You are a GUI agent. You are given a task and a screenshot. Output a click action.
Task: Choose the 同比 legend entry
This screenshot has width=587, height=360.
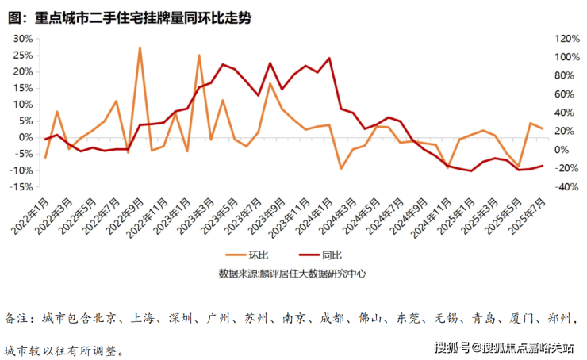pyautogui.click(x=332, y=255)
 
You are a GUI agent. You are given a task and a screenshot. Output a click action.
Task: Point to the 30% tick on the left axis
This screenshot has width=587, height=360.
pyautogui.click(x=22, y=38)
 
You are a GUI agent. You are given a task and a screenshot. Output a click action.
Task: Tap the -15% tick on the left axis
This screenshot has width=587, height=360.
pyautogui.click(x=21, y=187)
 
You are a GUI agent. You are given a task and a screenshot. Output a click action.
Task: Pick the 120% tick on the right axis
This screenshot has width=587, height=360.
pyautogui.click(x=566, y=38)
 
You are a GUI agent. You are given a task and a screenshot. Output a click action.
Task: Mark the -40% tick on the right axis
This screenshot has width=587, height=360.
pyautogui.click(x=566, y=187)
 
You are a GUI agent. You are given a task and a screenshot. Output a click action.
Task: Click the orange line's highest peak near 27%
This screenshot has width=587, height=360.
pyautogui.click(x=140, y=48)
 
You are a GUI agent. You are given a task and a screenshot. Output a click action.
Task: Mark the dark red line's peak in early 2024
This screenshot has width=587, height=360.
pyautogui.click(x=329, y=58)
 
